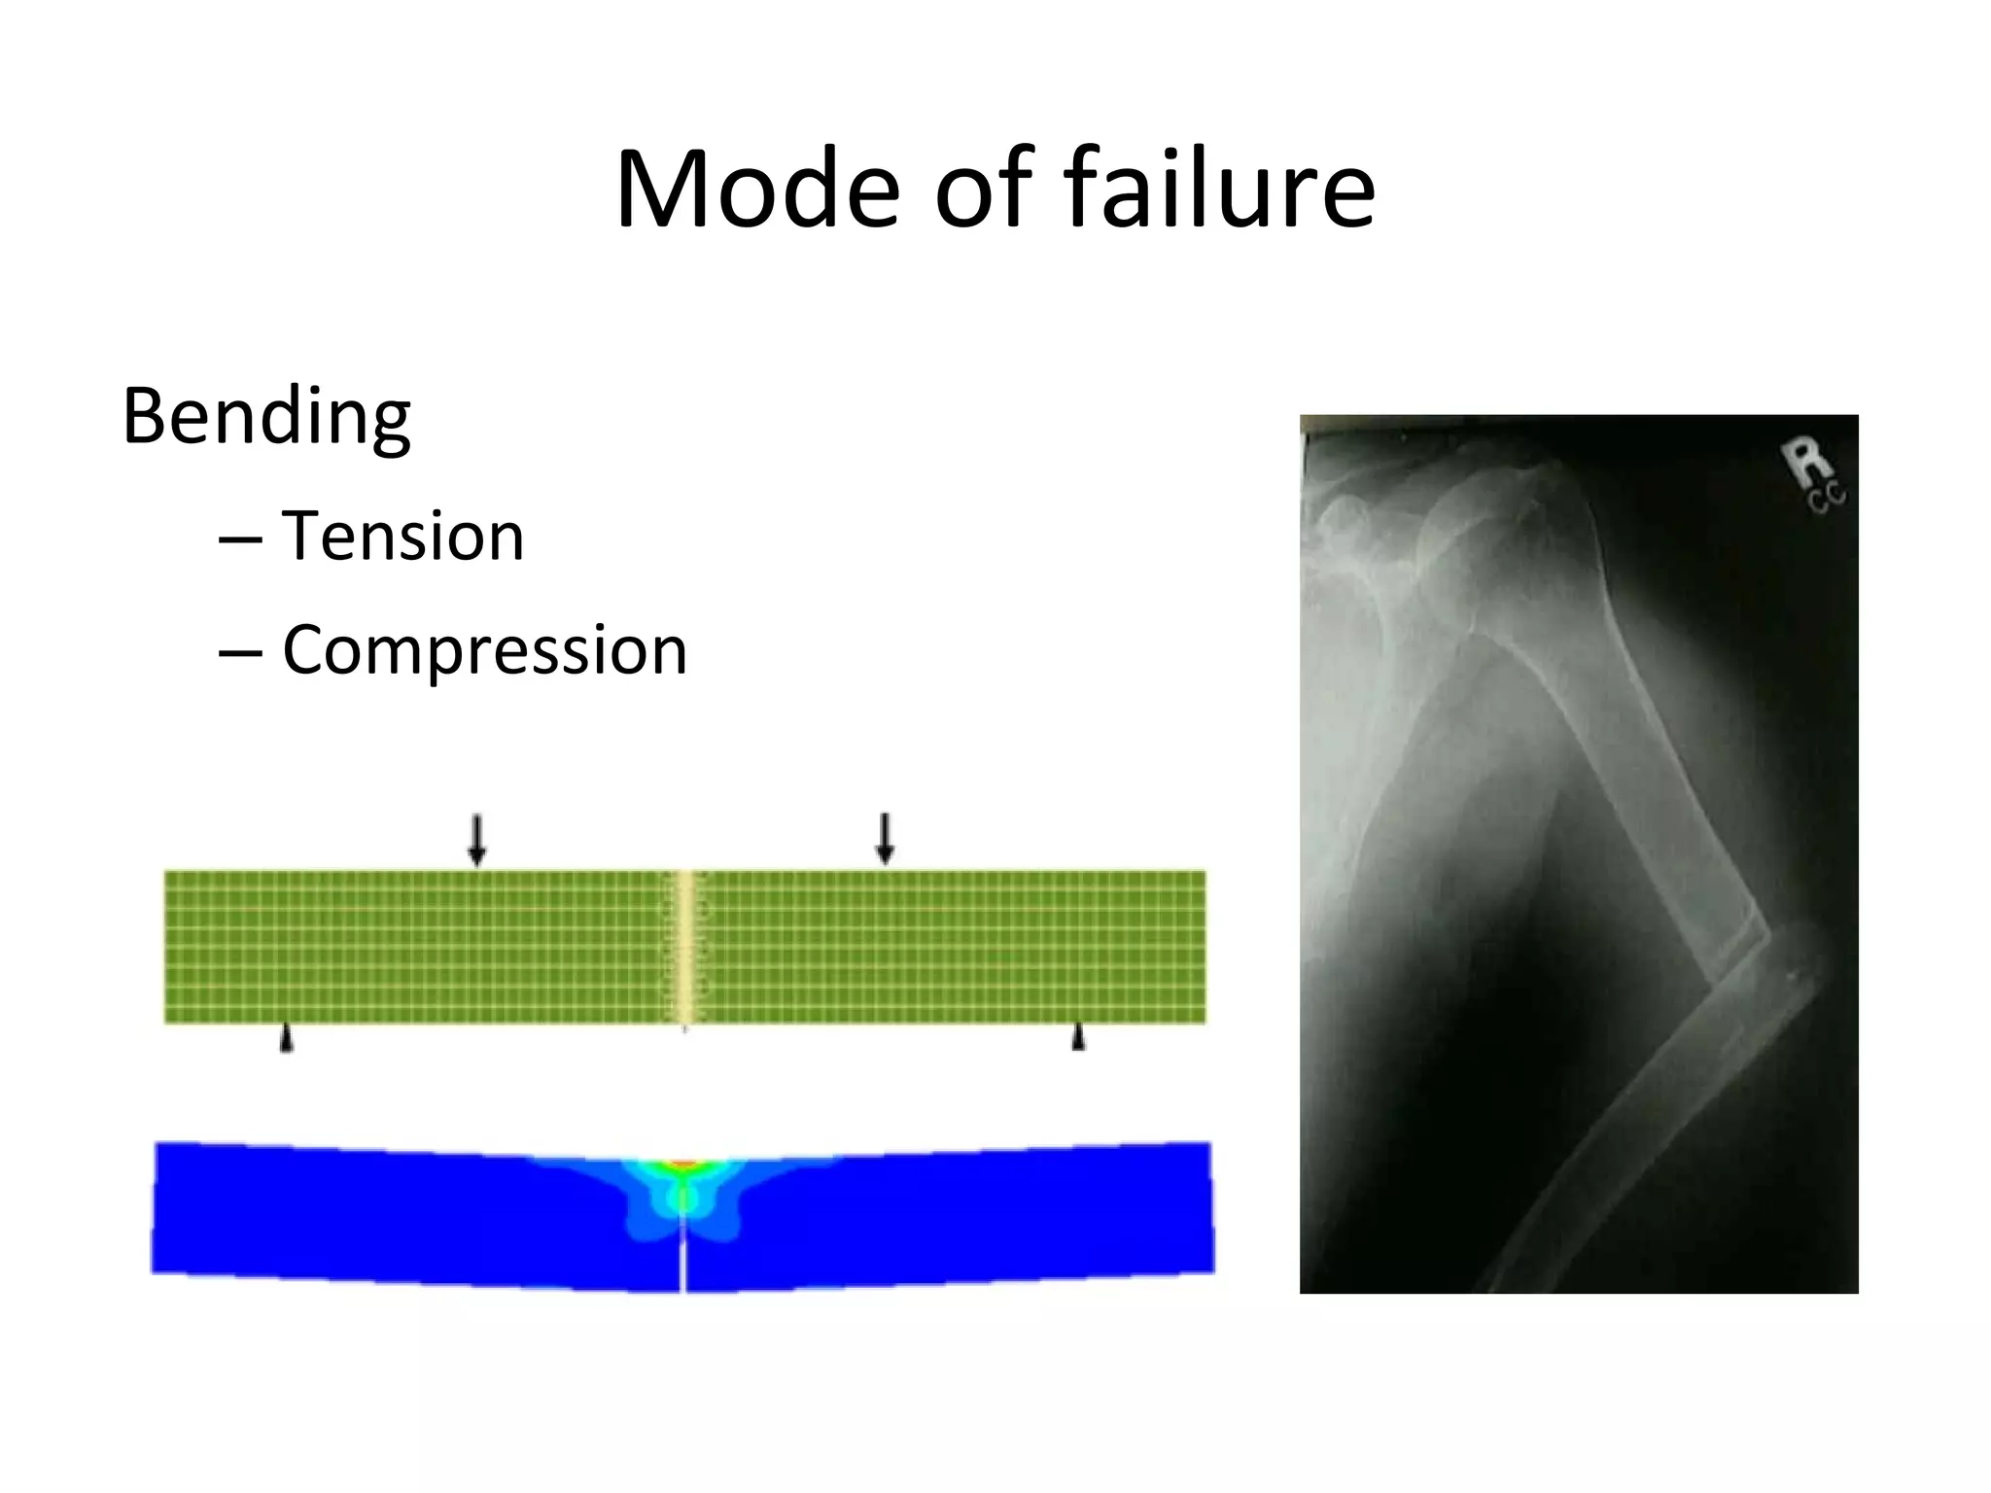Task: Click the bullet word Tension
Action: pyautogui.click(x=402, y=537)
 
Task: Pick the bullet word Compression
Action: pyautogui.click(x=484, y=650)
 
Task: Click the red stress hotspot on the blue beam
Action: pyautogui.click(x=684, y=1163)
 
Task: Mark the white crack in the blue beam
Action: pyautogui.click(x=683, y=1259)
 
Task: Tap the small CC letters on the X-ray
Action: pyautogui.click(x=1828, y=498)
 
